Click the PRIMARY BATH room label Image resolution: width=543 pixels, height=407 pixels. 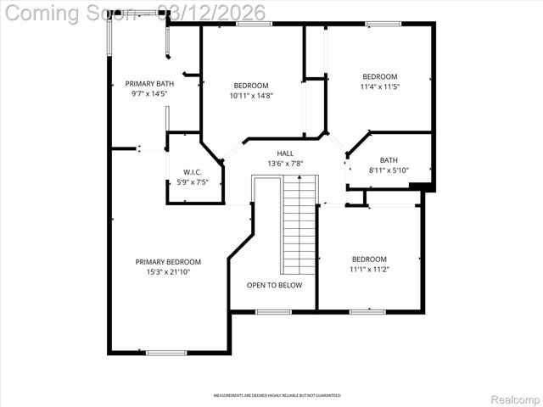[149, 83]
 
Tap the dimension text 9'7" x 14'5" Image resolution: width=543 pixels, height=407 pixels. [149, 94]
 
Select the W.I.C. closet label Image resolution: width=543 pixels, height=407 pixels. [193, 172]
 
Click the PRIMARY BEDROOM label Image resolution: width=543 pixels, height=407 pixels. [168, 262]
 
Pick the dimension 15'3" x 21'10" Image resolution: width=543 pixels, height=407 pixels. [168, 272]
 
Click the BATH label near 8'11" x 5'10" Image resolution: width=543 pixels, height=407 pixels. [389, 160]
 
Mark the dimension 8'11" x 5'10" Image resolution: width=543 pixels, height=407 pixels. [389, 170]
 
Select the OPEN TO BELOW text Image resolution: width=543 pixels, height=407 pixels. [274, 286]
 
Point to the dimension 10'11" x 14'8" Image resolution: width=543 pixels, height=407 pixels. [251, 96]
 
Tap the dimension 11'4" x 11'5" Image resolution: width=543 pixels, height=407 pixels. [379, 86]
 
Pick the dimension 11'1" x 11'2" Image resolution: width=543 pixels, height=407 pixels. [369, 270]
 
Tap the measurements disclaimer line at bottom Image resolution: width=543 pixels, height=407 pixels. [277, 396]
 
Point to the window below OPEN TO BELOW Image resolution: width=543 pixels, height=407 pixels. [274, 312]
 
